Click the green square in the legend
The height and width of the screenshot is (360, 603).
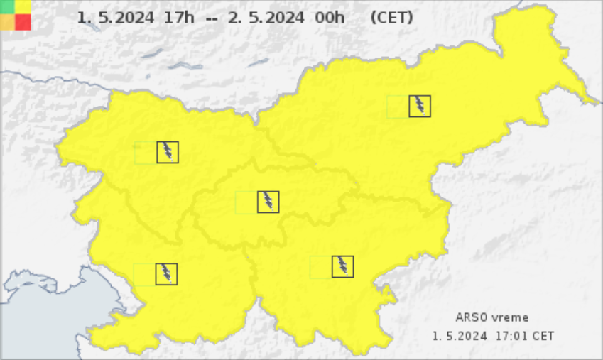tap(7, 6)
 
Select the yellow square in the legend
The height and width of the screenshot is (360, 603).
tap(23, 6)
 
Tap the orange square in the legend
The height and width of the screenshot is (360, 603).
tap(7, 22)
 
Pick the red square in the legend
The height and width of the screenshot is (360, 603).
tap(23, 22)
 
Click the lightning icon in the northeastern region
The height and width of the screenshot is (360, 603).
tap(420, 106)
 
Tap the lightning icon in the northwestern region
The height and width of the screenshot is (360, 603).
tap(168, 152)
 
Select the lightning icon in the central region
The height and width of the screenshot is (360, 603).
tap(268, 202)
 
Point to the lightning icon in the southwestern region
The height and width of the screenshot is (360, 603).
tap(166, 273)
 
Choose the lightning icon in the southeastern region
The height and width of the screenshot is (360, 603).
tap(342, 266)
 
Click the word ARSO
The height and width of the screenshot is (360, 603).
tap(472, 317)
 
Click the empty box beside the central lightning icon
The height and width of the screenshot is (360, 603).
tap(246, 202)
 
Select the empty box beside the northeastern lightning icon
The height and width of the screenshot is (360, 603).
tap(398, 106)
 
